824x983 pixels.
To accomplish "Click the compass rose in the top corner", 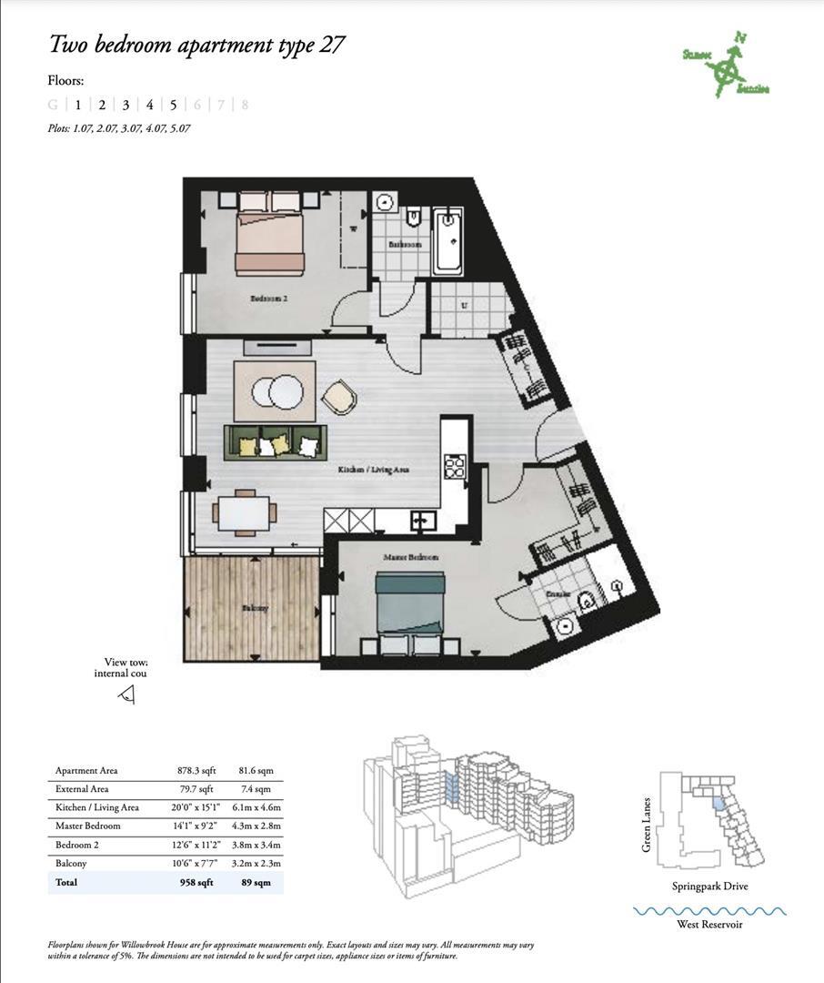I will click(x=726, y=66).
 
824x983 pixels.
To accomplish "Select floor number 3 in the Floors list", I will click(x=126, y=105).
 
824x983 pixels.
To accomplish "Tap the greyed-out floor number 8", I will click(x=245, y=105).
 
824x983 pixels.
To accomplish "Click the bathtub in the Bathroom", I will click(x=448, y=240).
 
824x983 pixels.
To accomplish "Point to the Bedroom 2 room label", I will click(x=265, y=298).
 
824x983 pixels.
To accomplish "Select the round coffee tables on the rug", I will click(x=275, y=391).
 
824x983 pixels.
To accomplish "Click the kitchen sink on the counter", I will click(x=420, y=521).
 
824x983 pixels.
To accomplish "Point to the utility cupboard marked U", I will click(x=464, y=307).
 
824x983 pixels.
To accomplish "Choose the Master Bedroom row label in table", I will click(x=87, y=826).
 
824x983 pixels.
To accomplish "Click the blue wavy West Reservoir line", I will click(x=709, y=910).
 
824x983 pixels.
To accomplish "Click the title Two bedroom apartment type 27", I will click(x=196, y=45).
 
